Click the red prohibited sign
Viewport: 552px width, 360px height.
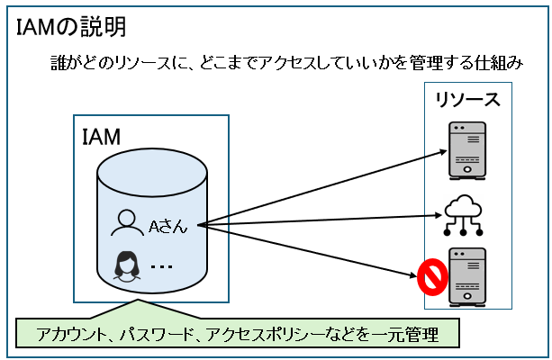[431, 278]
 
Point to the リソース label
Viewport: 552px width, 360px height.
[467, 98]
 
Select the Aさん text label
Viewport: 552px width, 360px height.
[168, 226]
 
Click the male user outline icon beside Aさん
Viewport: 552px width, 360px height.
[126, 223]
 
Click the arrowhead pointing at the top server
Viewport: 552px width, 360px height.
[439, 151]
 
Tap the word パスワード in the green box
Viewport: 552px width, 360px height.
[156, 335]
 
